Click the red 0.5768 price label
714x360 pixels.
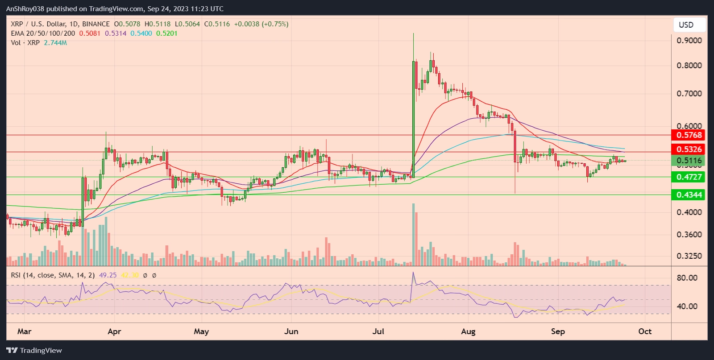(689, 135)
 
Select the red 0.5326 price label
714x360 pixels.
(689, 149)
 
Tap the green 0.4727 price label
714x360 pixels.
(689, 177)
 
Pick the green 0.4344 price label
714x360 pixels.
(689, 195)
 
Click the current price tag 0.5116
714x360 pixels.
(689, 161)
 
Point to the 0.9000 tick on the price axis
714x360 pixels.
(689, 41)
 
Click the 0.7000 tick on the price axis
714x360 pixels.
(689, 94)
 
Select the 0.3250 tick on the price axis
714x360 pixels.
(689, 256)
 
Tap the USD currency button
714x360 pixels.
(686, 25)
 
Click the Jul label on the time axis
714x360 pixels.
(378, 331)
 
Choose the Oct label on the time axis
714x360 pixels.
(644, 331)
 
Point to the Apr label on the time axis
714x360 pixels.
(114, 331)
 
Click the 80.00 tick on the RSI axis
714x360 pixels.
(687, 277)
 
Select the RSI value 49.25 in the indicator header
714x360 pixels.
(108, 275)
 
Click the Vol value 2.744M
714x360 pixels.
(55, 43)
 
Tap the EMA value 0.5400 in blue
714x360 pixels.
(141, 33)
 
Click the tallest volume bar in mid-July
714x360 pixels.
(413, 234)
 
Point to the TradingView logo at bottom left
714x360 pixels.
(34, 350)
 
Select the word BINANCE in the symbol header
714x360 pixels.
(96, 24)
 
